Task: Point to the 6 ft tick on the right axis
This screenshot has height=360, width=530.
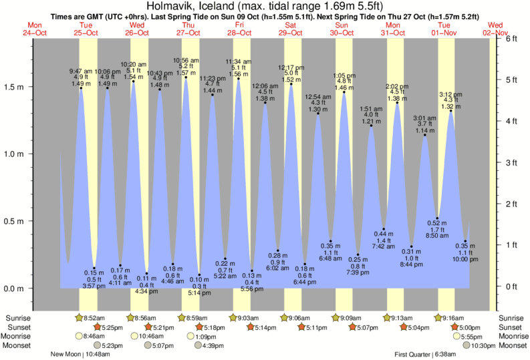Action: point(511,39)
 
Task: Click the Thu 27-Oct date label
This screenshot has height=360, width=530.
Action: point(188,29)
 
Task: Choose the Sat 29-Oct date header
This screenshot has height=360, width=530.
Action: point(291,29)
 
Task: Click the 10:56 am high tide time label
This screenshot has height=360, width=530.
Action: point(186,61)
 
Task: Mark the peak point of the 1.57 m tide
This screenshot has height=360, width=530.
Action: point(186,77)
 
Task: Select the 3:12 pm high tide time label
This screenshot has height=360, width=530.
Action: point(450,94)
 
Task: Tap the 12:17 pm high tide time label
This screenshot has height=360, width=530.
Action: point(291,67)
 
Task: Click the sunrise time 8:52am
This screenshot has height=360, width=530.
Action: point(96,318)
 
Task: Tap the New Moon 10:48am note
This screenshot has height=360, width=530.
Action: point(84,354)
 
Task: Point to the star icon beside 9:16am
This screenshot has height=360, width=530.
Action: point(439,318)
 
